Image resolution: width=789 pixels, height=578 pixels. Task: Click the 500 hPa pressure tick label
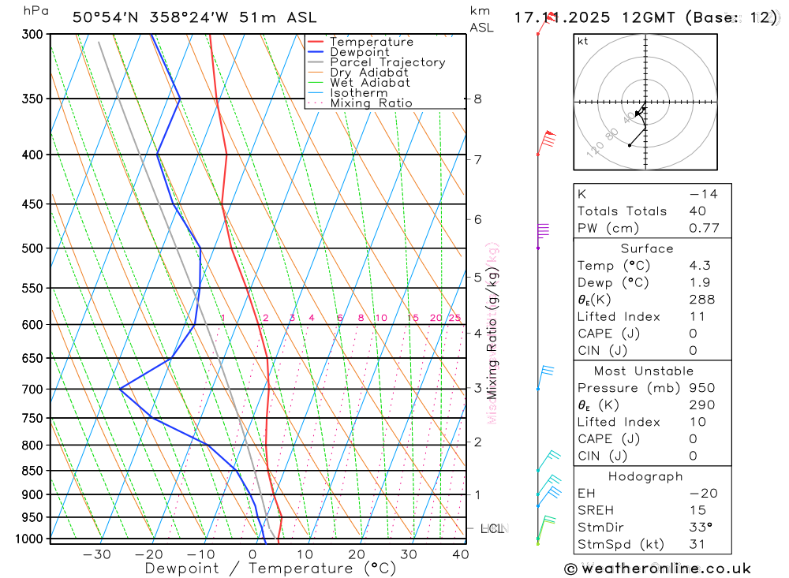(31, 248)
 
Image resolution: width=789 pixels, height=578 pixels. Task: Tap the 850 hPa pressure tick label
(31, 471)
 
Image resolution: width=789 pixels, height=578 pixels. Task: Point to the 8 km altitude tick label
(478, 99)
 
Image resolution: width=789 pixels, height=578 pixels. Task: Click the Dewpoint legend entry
(359, 52)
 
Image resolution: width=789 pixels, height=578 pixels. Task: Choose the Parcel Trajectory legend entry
(387, 62)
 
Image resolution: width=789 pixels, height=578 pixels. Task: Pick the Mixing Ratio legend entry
(371, 103)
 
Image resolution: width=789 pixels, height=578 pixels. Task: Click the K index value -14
(703, 194)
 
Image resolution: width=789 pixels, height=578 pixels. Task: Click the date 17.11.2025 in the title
(563, 17)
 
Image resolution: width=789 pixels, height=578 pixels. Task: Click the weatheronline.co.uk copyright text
(657, 568)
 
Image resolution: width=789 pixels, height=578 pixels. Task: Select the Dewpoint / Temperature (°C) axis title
(271, 569)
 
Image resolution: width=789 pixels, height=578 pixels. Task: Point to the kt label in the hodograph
(583, 41)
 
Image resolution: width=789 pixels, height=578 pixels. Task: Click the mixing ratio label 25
(454, 318)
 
